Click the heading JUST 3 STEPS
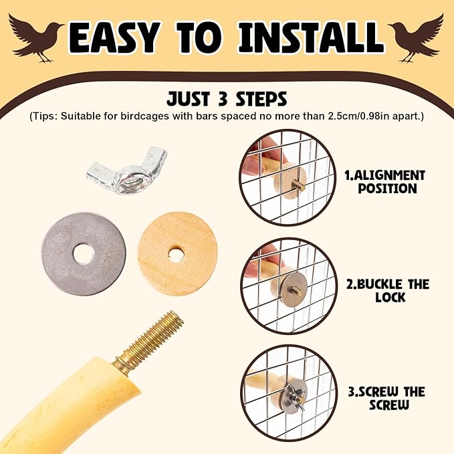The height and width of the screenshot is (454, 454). click(228, 100)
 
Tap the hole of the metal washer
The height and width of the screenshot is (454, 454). click(84, 253)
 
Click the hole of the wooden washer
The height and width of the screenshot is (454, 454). click(176, 253)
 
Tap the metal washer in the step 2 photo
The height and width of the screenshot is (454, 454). click(284, 290)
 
